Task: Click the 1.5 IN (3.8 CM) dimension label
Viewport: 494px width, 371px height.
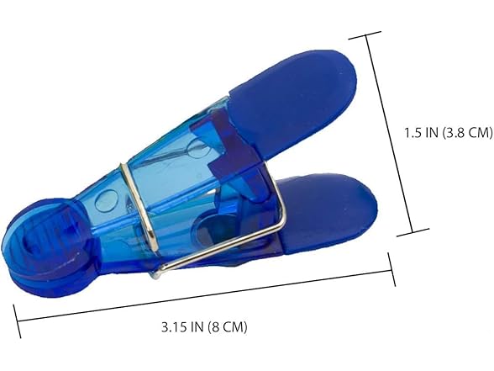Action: pos(449,133)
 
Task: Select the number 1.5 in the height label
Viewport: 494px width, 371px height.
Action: pos(412,133)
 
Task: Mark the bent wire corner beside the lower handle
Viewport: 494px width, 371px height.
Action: pos(281,220)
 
